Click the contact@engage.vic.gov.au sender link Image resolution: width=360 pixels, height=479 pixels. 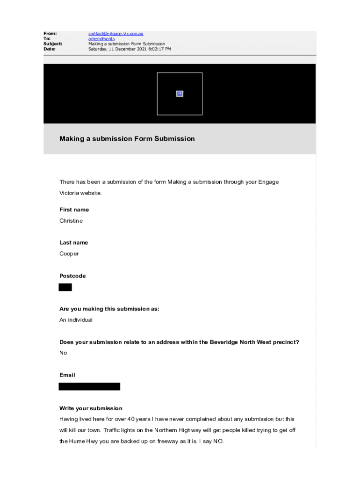pos(115,34)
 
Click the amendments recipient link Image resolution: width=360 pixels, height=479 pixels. pos(101,39)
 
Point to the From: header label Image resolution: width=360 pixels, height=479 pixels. pos(50,34)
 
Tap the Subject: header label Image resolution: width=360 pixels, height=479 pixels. pos(53,44)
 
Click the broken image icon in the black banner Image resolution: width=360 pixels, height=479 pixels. pos(180,94)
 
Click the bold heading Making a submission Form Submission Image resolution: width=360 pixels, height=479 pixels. pos(127,139)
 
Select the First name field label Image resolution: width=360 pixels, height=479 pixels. pos(74,210)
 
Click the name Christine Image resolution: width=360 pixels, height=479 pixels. pos(71,221)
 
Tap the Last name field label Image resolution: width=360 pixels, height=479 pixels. pos(73,243)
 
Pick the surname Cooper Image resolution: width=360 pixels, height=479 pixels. pos(69,254)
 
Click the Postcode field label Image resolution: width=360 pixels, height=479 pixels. pos(72,276)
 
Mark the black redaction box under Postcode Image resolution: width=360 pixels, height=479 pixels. pos(65,287)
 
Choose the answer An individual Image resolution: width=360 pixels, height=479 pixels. pos(76,320)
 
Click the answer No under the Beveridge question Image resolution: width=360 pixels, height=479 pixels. pos(63,353)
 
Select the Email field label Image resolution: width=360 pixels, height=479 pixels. pos(67,375)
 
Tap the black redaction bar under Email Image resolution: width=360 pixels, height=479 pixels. pos(89,386)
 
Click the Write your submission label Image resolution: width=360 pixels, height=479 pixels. pos(91,408)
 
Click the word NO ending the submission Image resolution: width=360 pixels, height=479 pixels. pos(218,441)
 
